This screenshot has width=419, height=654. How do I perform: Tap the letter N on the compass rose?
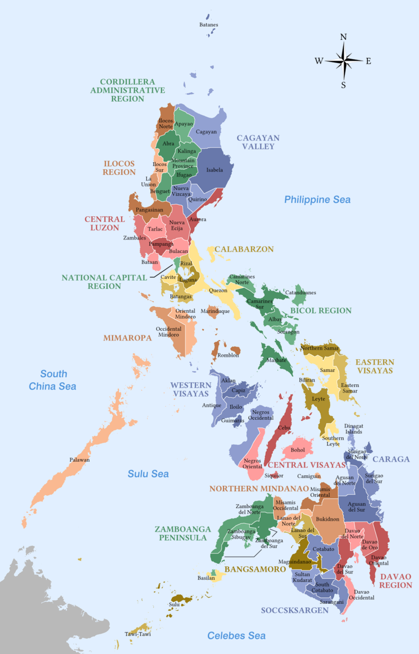[x=344, y=38]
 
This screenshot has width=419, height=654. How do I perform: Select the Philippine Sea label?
[x=317, y=200]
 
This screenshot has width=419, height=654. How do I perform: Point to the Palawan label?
[x=80, y=460]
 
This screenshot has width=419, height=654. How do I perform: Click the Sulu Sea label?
[x=148, y=474]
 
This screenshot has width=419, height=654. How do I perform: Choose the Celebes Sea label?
[x=236, y=635]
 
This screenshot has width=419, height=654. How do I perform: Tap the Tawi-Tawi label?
[x=137, y=634]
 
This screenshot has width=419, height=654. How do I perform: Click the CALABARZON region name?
[x=244, y=249]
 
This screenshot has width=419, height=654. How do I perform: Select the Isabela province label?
[x=214, y=170]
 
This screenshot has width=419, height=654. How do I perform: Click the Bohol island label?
[x=298, y=450]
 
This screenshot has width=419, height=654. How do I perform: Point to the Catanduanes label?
[x=301, y=293]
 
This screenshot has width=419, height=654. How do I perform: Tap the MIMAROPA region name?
[x=127, y=338]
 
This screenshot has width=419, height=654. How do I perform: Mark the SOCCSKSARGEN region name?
[x=295, y=610]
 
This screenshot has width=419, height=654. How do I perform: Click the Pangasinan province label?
[x=149, y=210]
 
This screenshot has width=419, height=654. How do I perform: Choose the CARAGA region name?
[x=391, y=459]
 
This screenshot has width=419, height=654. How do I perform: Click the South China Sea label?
[x=53, y=380]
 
